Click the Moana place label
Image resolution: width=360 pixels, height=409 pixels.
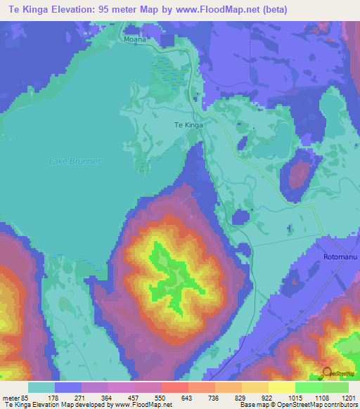135,40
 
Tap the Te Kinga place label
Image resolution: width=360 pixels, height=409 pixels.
188,125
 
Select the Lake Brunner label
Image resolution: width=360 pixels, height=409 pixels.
75,161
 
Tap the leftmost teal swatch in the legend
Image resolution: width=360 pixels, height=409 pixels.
41,387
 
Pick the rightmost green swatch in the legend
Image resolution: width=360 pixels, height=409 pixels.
335,387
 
